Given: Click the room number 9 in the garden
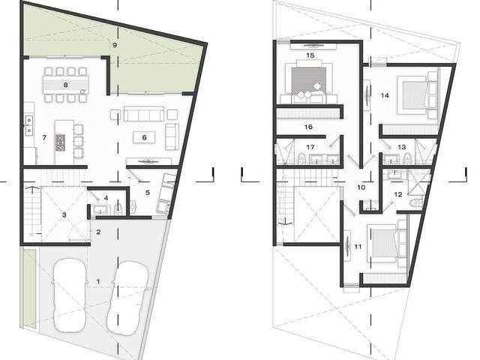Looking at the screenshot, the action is click(x=115, y=45).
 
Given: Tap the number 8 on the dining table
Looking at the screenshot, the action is click(x=65, y=85).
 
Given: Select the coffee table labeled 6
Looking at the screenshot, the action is click(x=144, y=137).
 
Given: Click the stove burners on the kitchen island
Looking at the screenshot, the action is click(x=60, y=142).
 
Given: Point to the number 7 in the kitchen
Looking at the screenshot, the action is click(x=44, y=137).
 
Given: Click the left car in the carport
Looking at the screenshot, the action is click(x=69, y=295).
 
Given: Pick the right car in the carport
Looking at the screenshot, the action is click(x=127, y=297).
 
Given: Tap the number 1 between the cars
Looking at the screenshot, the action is click(x=98, y=281).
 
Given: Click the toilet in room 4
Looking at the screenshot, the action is click(x=118, y=209).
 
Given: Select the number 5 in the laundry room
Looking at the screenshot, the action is click(x=148, y=193).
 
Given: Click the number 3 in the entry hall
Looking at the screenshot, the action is click(x=64, y=215).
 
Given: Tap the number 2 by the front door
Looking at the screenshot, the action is click(x=98, y=232).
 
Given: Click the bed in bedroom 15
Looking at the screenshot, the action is click(x=308, y=80).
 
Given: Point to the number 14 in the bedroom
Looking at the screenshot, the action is click(x=385, y=95).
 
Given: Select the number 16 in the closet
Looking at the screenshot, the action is click(x=308, y=127).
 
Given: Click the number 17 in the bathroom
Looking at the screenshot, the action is click(x=310, y=147).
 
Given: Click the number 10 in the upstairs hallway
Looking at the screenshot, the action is click(x=361, y=187).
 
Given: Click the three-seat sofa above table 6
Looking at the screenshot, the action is click(x=144, y=114).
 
